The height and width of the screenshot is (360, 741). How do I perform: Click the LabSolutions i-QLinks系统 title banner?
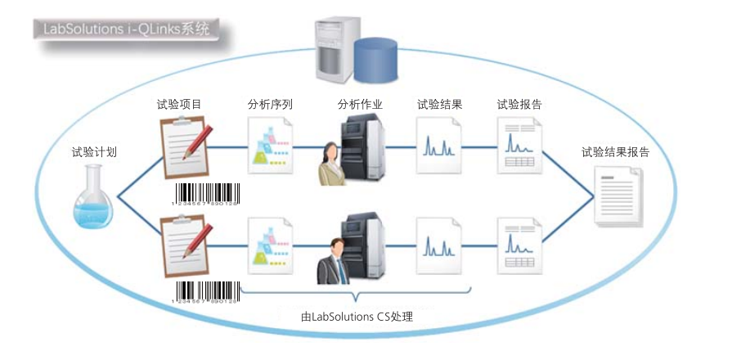(x=122, y=29)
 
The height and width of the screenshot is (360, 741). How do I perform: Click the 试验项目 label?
(x=179, y=105)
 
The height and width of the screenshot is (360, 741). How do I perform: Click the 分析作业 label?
(x=361, y=105)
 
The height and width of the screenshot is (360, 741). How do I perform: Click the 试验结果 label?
(x=440, y=105)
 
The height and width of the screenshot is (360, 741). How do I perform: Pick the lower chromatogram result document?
(x=439, y=243)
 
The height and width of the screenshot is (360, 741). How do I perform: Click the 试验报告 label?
(x=520, y=105)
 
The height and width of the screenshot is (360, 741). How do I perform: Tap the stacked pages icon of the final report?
(x=618, y=196)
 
